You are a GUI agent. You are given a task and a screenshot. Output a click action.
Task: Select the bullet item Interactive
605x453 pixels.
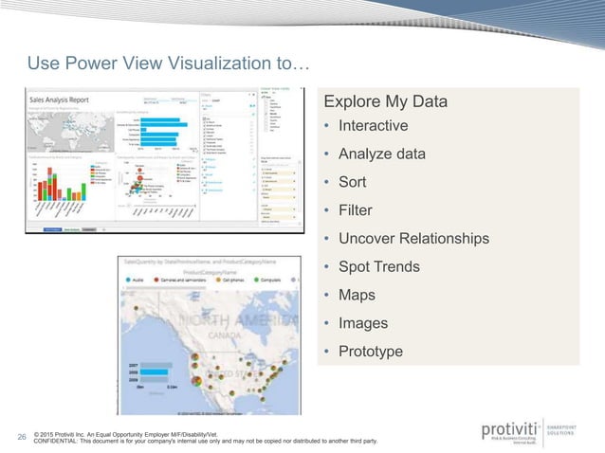pyautogui.click(x=373, y=126)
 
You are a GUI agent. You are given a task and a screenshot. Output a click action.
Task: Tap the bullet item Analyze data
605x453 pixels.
pyautogui.click(x=382, y=154)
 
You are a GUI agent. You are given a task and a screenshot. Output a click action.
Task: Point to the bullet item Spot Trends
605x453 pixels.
pyautogui.click(x=378, y=266)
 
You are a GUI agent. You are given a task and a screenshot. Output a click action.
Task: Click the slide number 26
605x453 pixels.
pyautogui.click(x=21, y=437)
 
